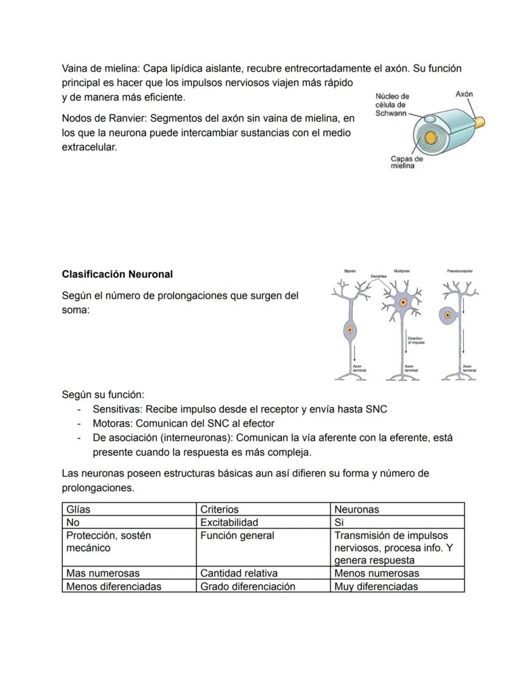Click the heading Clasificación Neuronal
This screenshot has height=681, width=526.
point(117,275)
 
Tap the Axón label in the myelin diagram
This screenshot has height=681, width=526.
point(464,94)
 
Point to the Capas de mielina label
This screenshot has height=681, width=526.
point(407,162)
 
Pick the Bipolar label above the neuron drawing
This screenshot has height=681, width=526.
point(350,271)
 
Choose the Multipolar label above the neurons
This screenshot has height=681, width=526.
point(401,271)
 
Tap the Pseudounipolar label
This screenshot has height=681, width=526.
point(459,271)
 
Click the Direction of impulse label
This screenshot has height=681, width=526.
point(415,341)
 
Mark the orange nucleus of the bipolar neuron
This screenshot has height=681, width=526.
point(349,329)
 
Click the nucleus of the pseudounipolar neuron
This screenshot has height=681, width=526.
point(448,314)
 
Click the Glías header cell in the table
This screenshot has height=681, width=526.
point(78,509)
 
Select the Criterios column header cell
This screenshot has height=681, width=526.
point(219,509)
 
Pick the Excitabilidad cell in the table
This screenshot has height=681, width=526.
point(229,523)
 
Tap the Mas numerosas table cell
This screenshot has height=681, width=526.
point(103,574)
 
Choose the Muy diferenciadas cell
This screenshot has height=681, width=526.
point(376,586)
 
